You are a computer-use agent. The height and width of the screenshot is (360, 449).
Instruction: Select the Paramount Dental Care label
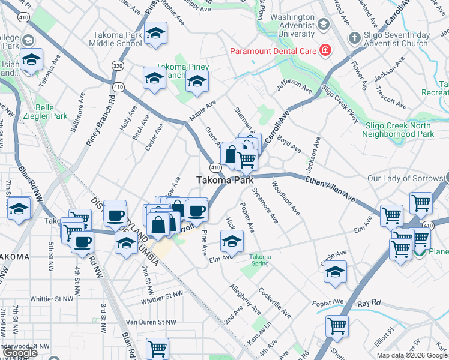273,50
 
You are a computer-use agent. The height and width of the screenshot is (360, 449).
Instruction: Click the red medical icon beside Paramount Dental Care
325,50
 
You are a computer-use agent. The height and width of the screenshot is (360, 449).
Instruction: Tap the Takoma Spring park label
260,260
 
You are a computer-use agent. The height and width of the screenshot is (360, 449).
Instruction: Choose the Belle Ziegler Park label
52,112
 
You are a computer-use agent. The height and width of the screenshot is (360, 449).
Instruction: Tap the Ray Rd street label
369,303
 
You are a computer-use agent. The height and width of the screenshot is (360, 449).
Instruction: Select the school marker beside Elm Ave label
232,241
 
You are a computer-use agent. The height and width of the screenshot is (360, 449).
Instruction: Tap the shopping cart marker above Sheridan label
337,326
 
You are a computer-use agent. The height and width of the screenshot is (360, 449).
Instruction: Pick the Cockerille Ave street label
275,302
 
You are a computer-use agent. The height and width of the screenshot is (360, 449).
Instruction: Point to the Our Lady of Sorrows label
405,179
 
